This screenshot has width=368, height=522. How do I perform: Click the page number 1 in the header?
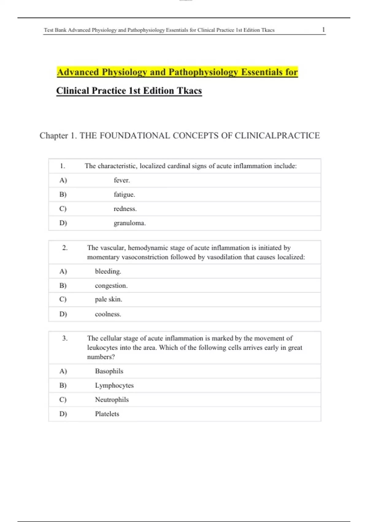tap(323, 30)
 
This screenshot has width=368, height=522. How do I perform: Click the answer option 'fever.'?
tap(122, 180)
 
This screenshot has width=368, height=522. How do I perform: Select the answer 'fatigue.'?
tap(124, 194)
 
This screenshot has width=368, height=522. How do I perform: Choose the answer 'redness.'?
tap(125, 209)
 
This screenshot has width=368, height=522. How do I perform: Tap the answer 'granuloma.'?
tap(129, 223)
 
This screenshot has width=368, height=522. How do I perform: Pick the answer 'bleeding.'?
tap(108, 271)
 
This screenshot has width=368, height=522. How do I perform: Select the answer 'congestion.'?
tap(111, 286)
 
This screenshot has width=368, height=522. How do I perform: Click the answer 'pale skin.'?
tap(109, 299)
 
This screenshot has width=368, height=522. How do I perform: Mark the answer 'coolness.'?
tap(108, 314)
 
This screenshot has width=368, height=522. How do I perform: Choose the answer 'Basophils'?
tap(109, 371)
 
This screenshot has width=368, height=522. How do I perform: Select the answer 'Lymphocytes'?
tap(114, 385)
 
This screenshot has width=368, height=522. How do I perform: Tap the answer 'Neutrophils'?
tap(112, 399)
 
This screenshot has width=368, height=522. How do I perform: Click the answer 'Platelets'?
tap(107, 414)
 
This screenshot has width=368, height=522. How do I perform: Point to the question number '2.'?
tap(65, 248)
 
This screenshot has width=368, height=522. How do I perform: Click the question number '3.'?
tap(65, 338)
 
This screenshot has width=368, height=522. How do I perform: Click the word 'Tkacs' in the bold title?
tap(189, 91)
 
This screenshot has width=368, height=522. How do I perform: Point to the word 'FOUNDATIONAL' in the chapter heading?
tap(135, 135)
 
